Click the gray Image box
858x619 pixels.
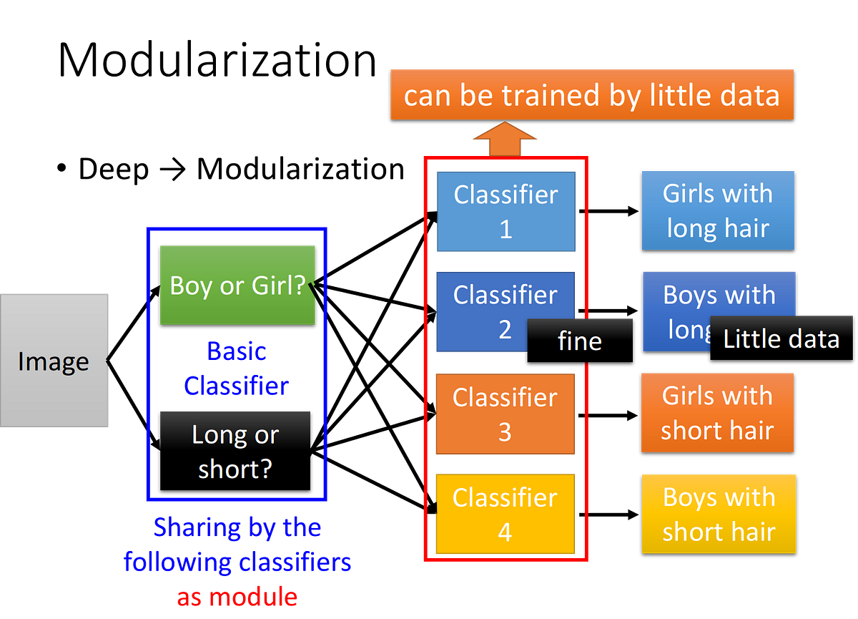[x=54, y=360]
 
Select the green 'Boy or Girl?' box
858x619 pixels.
[x=237, y=285]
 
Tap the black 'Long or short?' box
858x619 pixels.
[x=235, y=451]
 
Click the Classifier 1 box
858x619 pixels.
[x=506, y=212]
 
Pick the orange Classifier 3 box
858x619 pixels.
[x=506, y=414]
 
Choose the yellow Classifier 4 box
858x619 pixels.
[x=506, y=514]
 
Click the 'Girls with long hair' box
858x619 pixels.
[x=718, y=211]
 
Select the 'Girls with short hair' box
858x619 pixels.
[x=717, y=413]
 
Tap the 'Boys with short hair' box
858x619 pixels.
[x=719, y=514]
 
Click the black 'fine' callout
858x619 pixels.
[x=580, y=341]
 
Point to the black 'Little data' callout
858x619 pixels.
[x=781, y=338]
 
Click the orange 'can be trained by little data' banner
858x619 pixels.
[x=592, y=94]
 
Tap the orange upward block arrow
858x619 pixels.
[x=505, y=139]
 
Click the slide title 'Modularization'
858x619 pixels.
[x=217, y=60]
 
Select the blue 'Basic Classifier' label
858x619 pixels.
[x=237, y=369]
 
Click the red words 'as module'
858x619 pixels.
[x=237, y=597]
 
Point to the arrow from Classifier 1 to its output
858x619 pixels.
[x=608, y=211]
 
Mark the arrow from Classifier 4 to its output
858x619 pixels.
[x=608, y=515]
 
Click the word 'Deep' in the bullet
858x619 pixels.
[x=114, y=169]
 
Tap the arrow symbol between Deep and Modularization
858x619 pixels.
[x=173, y=170]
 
